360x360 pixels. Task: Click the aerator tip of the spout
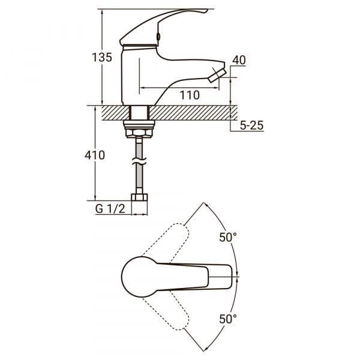(217, 77)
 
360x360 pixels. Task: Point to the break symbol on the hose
(139, 163)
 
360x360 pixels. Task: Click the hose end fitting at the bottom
(139, 197)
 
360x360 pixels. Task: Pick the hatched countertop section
(180, 112)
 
